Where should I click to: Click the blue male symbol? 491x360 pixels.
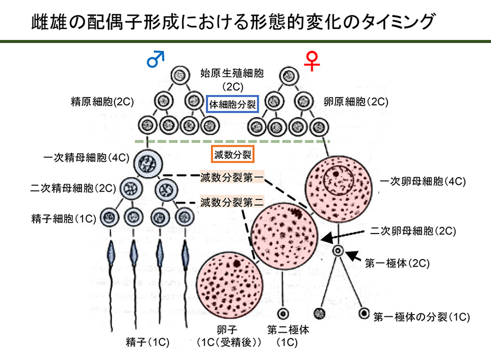coord(156,58)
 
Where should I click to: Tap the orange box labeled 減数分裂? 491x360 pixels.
coord(232,154)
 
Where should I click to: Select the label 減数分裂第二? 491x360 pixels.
coord(232,203)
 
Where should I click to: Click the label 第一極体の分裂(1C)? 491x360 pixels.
coord(422,316)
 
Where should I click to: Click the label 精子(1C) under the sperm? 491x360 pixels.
coord(147,342)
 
